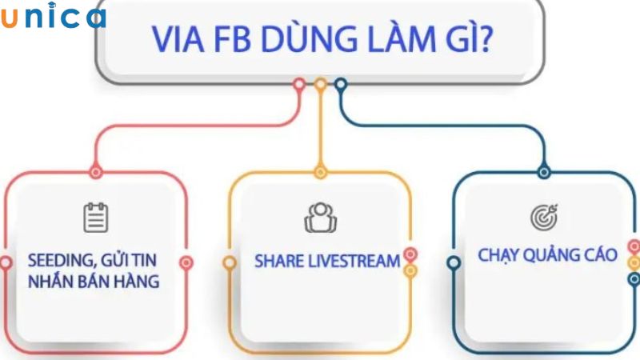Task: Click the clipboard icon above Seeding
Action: [x=96, y=217]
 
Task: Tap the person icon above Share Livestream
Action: [x=320, y=217]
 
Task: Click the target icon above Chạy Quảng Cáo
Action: [x=545, y=217]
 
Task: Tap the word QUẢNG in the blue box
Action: [x=558, y=255]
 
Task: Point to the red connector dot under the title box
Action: [x=299, y=83]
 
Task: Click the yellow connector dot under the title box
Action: [x=320, y=83]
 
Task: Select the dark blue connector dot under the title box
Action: [x=340, y=83]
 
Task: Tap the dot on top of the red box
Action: [x=96, y=171]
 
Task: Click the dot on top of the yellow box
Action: [x=320, y=171]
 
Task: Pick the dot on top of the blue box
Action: [x=544, y=171]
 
